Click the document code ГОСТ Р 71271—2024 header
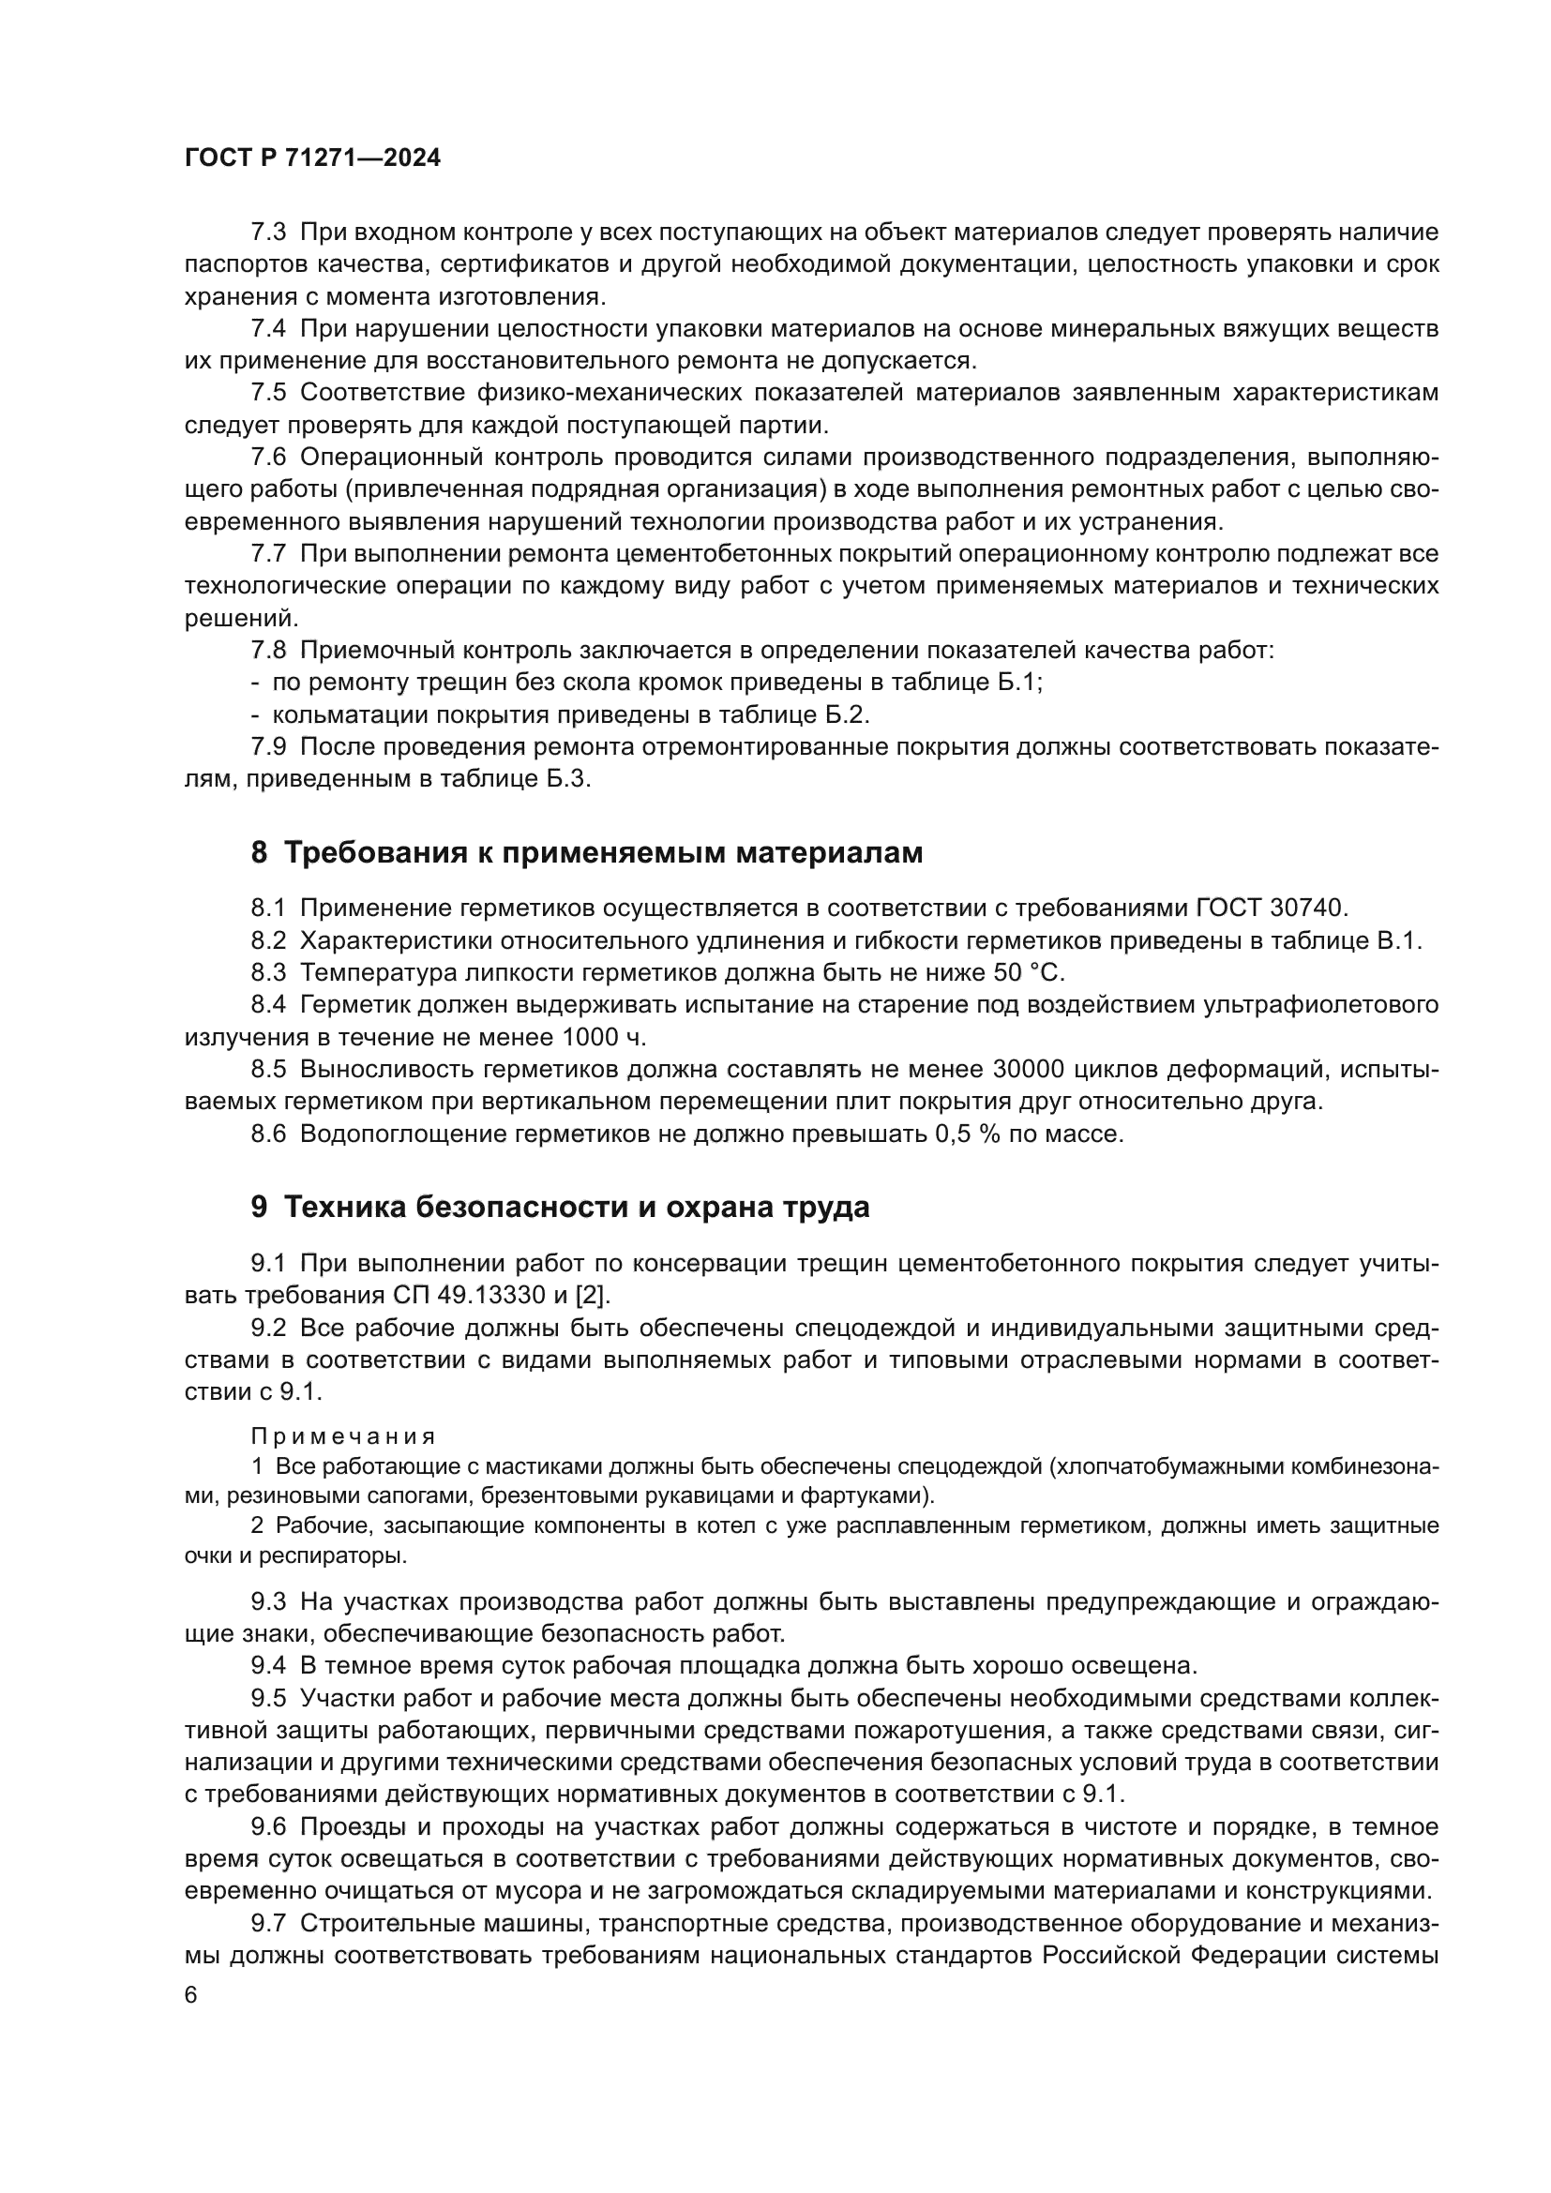[x=312, y=158]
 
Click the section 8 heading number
[x=259, y=853]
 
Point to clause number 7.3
[x=268, y=233]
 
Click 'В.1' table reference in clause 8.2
[x=1397, y=939]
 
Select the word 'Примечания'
[x=343, y=1436]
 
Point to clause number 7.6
[x=268, y=458]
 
